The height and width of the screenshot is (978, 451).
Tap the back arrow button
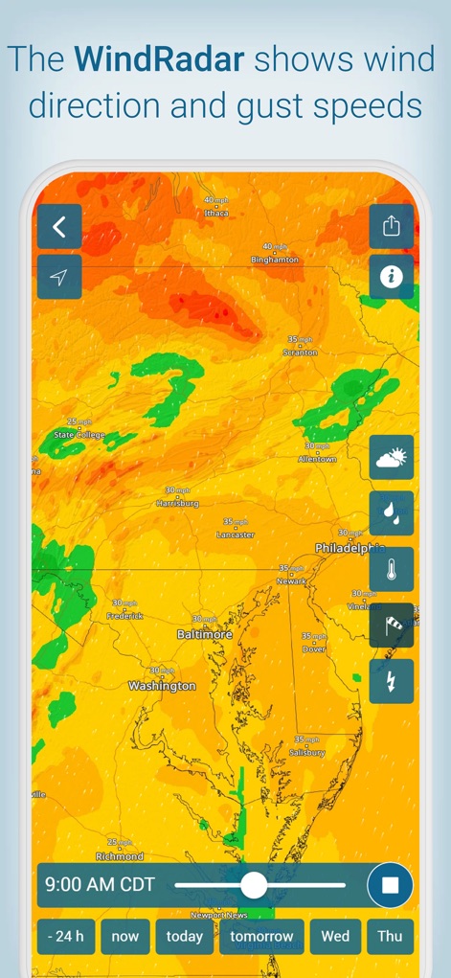pyautogui.click(x=59, y=227)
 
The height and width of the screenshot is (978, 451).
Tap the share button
pyautogui.click(x=392, y=226)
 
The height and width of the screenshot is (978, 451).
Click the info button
pyautogui.click(x=392, y=277)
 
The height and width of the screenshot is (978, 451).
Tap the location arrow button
pyautogui.click(x=59, y=277)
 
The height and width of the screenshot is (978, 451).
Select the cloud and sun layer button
pyautogui.click(x=392, y=458)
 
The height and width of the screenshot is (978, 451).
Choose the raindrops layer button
pyautogui.click(x=392, y=513)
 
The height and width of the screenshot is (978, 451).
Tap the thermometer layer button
pyautogui.click(x=392, y=570)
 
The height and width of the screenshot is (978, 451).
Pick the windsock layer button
pyautogui.click(x=392, y=625)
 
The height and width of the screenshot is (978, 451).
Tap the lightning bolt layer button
pyautogui.click(x=392, y=681)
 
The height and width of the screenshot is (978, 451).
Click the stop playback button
pyautogui.click(x=390, y=885)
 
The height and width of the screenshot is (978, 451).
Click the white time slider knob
pyautogui.click(x=254, y=885)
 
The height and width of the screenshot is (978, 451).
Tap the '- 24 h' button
pyautogui.click(x=66, y=937)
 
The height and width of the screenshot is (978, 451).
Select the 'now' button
pyautogui.click(x=125, y=937)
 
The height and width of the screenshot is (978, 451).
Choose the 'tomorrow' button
pyautogui.click(x=261, y=937)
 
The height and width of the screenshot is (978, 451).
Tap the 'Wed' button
pyautogui.click(x=335, y=937)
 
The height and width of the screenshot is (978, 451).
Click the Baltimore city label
pyautogui.click(x=205, y=634)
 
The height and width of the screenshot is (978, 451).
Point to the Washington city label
pyautogui.click(x=162, y=686)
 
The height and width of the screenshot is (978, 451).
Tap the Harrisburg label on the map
pyautogui.click(x=177, y=502)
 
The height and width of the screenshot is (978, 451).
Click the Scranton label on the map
pyautogui.click(x=300, y=353)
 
